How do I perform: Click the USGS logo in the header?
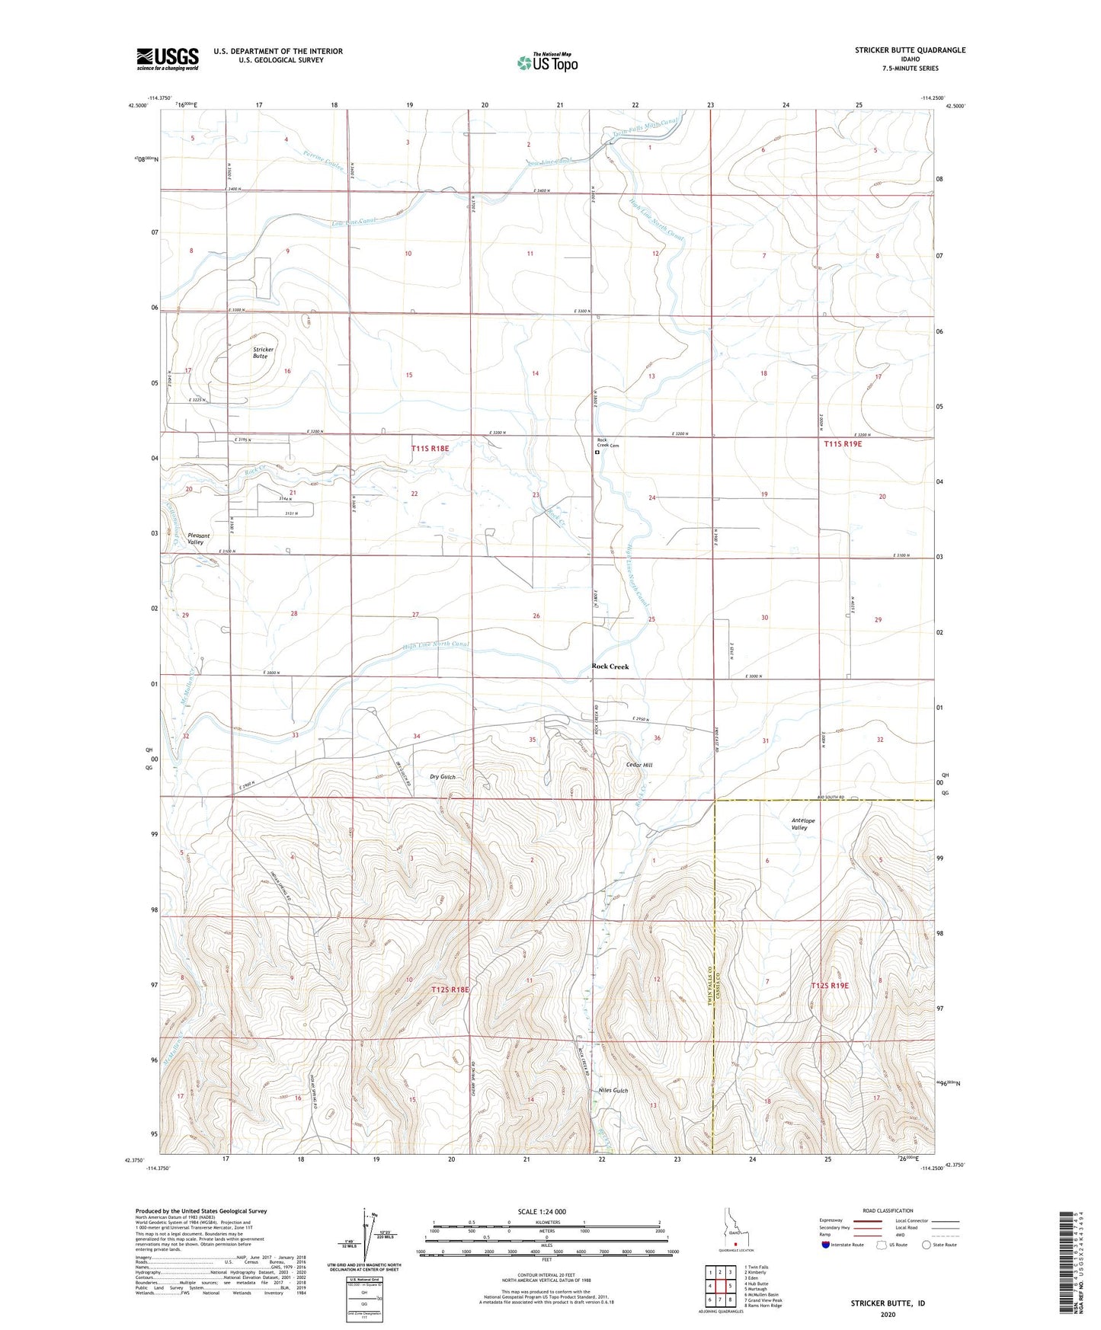click(x=167, y=59)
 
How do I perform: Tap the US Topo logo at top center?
click(x=546, y=62)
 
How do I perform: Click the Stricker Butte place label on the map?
click(x=264, y=353)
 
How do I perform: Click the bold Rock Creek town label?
click(x=610, y=667)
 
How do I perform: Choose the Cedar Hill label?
click(x=639, y=765)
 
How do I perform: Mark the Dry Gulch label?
click(x=442, y=777)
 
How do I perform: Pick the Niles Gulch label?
click(x=613, y=1091)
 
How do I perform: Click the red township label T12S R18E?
click(x=450, y=990)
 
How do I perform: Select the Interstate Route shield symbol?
click(x=826, y=1245)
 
